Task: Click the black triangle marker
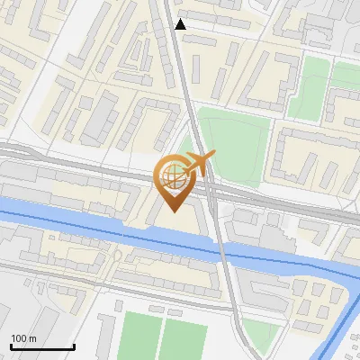[x=181, y=24]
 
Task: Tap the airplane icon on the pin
[x=199, y=163]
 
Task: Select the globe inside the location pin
[x=174, y=177]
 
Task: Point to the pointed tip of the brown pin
[x=174, y=212]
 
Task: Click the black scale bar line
[x=42, y=347]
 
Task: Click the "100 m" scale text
[x=24, y=338]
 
